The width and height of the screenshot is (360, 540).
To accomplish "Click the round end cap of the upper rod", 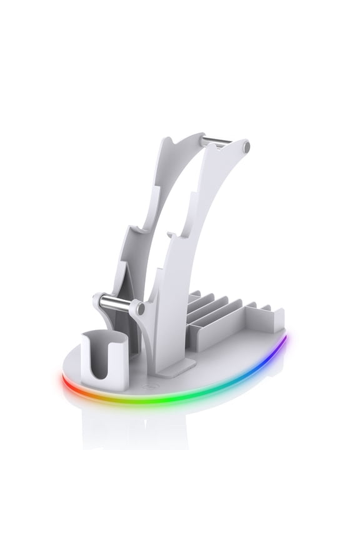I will [x=246, y=147].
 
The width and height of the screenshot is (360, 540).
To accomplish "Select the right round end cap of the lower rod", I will [x=141, y=308].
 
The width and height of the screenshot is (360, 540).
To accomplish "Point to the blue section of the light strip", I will [x=262, y=366].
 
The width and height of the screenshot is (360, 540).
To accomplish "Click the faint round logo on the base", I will [x=146, y=387].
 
